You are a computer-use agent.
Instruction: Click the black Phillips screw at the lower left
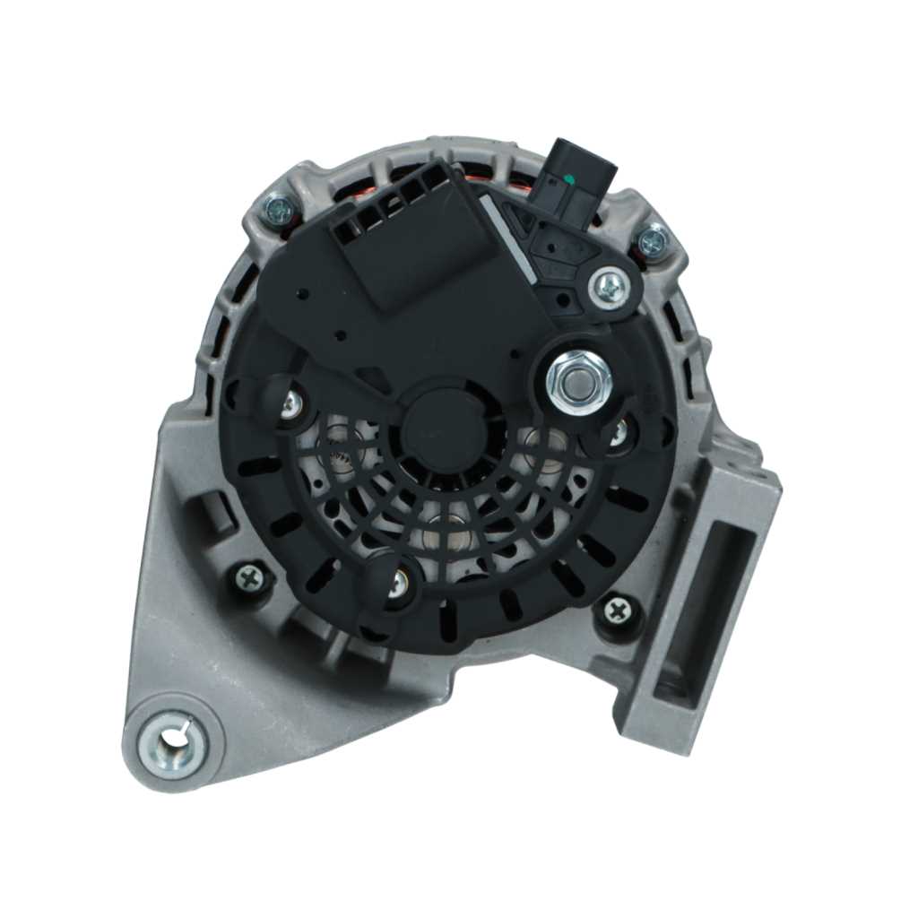pos(250,577)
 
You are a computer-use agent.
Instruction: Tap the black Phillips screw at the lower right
pos(618,612)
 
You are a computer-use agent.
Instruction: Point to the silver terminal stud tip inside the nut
pos(578,377)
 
